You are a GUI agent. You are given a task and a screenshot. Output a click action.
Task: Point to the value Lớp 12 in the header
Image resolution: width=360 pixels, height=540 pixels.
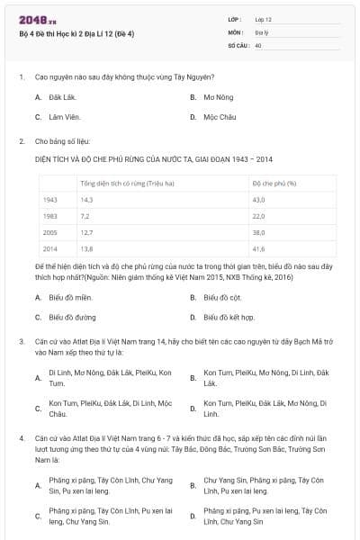pyautogui.click(x=263, y=18)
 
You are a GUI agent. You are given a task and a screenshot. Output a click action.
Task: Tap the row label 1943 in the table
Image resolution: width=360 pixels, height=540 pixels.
pyautogui.click(x=50, y=200)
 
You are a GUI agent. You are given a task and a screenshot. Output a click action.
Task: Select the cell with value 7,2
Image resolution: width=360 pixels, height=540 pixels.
pyautogui.click(x=85, y=216)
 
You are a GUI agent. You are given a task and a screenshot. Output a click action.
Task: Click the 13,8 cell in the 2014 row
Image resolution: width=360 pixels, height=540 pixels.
pyautogui.click(x=87, y=248)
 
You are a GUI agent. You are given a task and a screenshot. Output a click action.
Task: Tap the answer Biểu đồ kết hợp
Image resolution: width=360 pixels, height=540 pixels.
pyautogui.click(x=228, y=317)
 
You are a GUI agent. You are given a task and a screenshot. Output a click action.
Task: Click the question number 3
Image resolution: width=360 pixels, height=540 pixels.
pyautogui.click(x=21, y=341)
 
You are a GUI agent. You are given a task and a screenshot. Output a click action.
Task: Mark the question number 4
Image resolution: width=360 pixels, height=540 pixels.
pyautogui.click(x=21, y=436)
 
